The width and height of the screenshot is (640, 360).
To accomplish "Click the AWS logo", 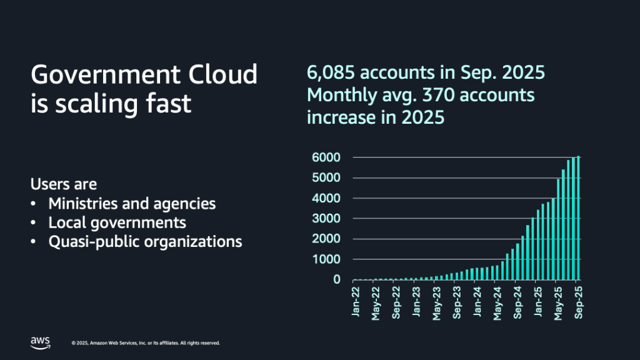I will [x=40, y=341].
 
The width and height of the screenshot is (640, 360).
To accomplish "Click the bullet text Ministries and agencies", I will [x=132, y=204].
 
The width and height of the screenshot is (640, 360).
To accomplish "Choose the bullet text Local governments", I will [x=117, y=222].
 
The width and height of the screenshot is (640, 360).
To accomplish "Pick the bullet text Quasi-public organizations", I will [x=145, y=241].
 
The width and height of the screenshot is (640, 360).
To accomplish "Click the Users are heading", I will [x=64, y=184].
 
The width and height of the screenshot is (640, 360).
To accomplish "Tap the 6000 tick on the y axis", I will [x=326, y=157].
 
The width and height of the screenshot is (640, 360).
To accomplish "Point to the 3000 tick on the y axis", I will [x=326, y=219].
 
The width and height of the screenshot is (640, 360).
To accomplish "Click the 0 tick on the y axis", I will [x=336, y=279].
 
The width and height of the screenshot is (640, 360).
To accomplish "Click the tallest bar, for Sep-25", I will [x=578, y=219].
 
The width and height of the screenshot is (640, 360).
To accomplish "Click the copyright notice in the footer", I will [x=146, y=343].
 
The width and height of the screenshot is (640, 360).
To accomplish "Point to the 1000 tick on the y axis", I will [x=326, y=259].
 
